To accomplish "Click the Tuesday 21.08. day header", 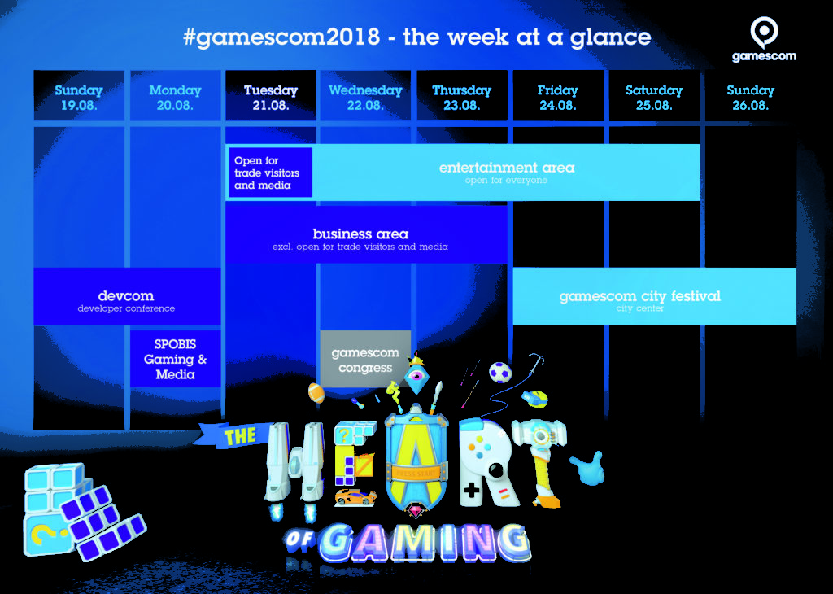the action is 270,97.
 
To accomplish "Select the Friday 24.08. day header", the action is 558,97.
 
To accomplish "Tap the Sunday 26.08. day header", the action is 750,97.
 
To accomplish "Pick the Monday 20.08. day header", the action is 175,97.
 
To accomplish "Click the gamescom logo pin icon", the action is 764,32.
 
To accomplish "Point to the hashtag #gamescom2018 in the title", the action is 281,37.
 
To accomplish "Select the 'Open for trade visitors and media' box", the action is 270,173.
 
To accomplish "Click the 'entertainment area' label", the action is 507,168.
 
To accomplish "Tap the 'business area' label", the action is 360,234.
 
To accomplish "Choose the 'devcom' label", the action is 126,296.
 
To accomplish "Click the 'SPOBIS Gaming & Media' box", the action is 176,359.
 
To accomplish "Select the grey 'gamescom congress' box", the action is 365,360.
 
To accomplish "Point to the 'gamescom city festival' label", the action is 639,296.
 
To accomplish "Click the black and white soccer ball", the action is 500,372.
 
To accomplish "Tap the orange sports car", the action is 356,497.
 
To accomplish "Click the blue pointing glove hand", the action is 589,468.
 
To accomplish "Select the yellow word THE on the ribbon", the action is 240,436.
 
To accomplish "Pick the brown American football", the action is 316,393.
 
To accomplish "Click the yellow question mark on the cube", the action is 41,534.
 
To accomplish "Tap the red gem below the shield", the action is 416,512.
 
